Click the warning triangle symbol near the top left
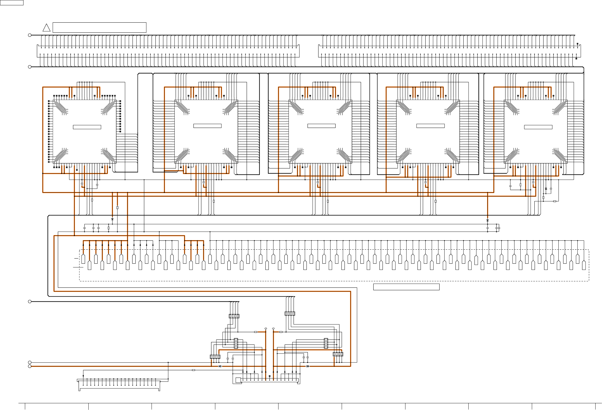(46, 28)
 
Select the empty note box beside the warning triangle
(99, 27)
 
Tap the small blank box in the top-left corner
(11, 3)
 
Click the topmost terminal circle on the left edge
(30, 35)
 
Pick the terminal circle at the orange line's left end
(30, 366)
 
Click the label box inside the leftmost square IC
(87, 127)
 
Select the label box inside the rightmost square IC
(538, 127)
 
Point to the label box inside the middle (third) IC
(321, 126)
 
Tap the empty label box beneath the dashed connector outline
(406, 287)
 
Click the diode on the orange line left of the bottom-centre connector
(220, 366)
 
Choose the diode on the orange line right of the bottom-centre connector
(308, 366)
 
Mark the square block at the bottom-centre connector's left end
(238, 380)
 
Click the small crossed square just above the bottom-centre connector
(270, 376)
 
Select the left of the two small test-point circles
(266, 328)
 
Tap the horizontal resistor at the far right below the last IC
(555, 201)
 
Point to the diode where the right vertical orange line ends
(487, 221)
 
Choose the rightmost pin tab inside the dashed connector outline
(584, 265)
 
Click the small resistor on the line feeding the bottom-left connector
(193, 370)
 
